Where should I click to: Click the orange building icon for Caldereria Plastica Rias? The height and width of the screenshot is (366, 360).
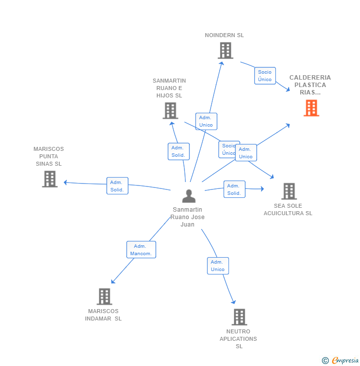tap(311, 108)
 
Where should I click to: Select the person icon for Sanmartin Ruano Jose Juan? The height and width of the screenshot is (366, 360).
tap(188, 196)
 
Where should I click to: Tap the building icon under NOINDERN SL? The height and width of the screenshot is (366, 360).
tap(225, 50)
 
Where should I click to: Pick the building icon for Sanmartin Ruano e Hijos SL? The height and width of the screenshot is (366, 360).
tap(170, 111)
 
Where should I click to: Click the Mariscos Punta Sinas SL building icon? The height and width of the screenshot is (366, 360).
tap(49, 179)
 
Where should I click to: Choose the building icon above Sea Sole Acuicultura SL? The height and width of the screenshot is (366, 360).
tap(289, 191)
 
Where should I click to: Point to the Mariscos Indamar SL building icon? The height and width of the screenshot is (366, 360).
tap(104, 297)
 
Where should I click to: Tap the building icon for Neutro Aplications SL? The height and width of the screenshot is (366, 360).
tap(239, 317)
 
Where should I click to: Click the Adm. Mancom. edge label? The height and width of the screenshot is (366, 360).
tap(141, 250)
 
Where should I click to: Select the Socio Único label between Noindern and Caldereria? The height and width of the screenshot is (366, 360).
tap(265, 76)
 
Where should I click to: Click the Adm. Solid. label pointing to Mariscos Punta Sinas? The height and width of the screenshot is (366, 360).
tap(117, 186)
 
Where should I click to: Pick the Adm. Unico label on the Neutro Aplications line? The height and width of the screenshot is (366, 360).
tap(218, 266)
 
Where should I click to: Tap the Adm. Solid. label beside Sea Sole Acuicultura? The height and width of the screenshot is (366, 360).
tap(234, 189)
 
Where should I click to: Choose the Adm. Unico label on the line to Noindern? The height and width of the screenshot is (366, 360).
tap(206, 121)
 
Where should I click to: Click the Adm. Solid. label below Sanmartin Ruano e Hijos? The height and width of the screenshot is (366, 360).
tap(178, 151)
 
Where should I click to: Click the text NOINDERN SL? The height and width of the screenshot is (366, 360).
tap(225, 35)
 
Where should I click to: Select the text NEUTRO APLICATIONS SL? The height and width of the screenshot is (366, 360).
tap(238, 339)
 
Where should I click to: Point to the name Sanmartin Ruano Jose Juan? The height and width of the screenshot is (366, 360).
tap(187, 217)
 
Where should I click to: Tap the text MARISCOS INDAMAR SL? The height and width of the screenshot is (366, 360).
tap(103, 315)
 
